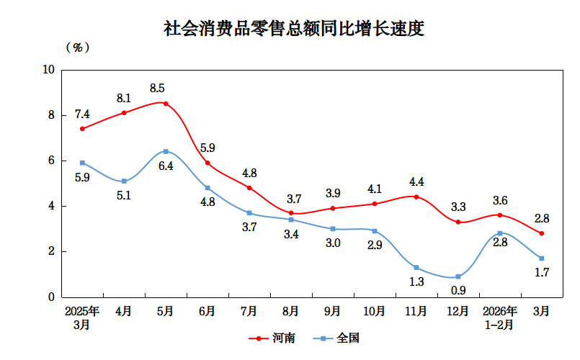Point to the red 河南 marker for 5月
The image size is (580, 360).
tap(166, 104)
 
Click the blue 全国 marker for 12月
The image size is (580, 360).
tap(458, 276)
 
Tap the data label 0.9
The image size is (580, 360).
tap(458, 291)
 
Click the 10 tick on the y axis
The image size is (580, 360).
tap(49, 70)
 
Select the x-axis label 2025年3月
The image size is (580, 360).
tap(82, 318)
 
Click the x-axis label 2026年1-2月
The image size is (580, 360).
tap(499, 318)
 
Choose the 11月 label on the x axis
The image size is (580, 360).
tap(416, 311)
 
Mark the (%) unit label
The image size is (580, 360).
tap(77, 48)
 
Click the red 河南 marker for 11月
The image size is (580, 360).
tap(416, 197)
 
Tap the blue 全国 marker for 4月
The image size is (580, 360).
tap(124, 181)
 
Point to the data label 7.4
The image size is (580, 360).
tap(82, 114)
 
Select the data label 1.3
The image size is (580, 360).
tap(416, 282)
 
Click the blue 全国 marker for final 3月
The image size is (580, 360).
tap(541, 258)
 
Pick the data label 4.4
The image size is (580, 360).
tap(416, 181)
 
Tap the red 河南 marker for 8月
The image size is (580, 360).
tap(291, 213)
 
